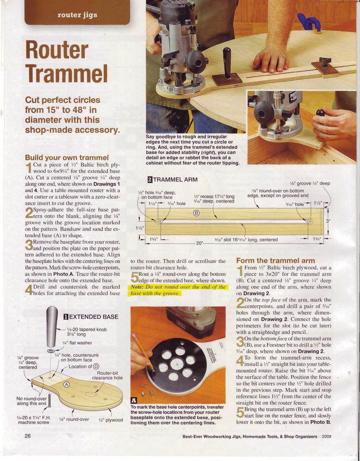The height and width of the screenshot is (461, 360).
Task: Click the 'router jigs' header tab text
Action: click(77, 15)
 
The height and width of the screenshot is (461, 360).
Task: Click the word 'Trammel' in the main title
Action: click(66, 73)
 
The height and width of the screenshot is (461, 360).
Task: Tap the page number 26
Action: click(28, 436)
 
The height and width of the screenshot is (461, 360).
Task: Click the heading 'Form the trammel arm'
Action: click(275, 260)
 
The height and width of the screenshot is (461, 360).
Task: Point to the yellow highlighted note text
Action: click(178, 290)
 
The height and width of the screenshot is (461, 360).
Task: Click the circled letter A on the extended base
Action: click(67, 385)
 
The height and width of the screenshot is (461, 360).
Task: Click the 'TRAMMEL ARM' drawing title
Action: click(172, 180)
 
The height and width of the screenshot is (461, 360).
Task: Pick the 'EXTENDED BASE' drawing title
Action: click(91, 317)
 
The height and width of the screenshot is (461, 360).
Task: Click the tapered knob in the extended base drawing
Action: click(53, 326)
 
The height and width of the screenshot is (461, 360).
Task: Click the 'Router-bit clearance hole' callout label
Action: click(107, 375)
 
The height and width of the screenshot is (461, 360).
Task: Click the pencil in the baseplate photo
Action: click(143, 352)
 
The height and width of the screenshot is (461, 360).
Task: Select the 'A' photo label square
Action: click(133, 400)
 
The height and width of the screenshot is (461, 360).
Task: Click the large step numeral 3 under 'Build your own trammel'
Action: click(29, 245)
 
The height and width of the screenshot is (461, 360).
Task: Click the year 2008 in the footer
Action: click(327, 436)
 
